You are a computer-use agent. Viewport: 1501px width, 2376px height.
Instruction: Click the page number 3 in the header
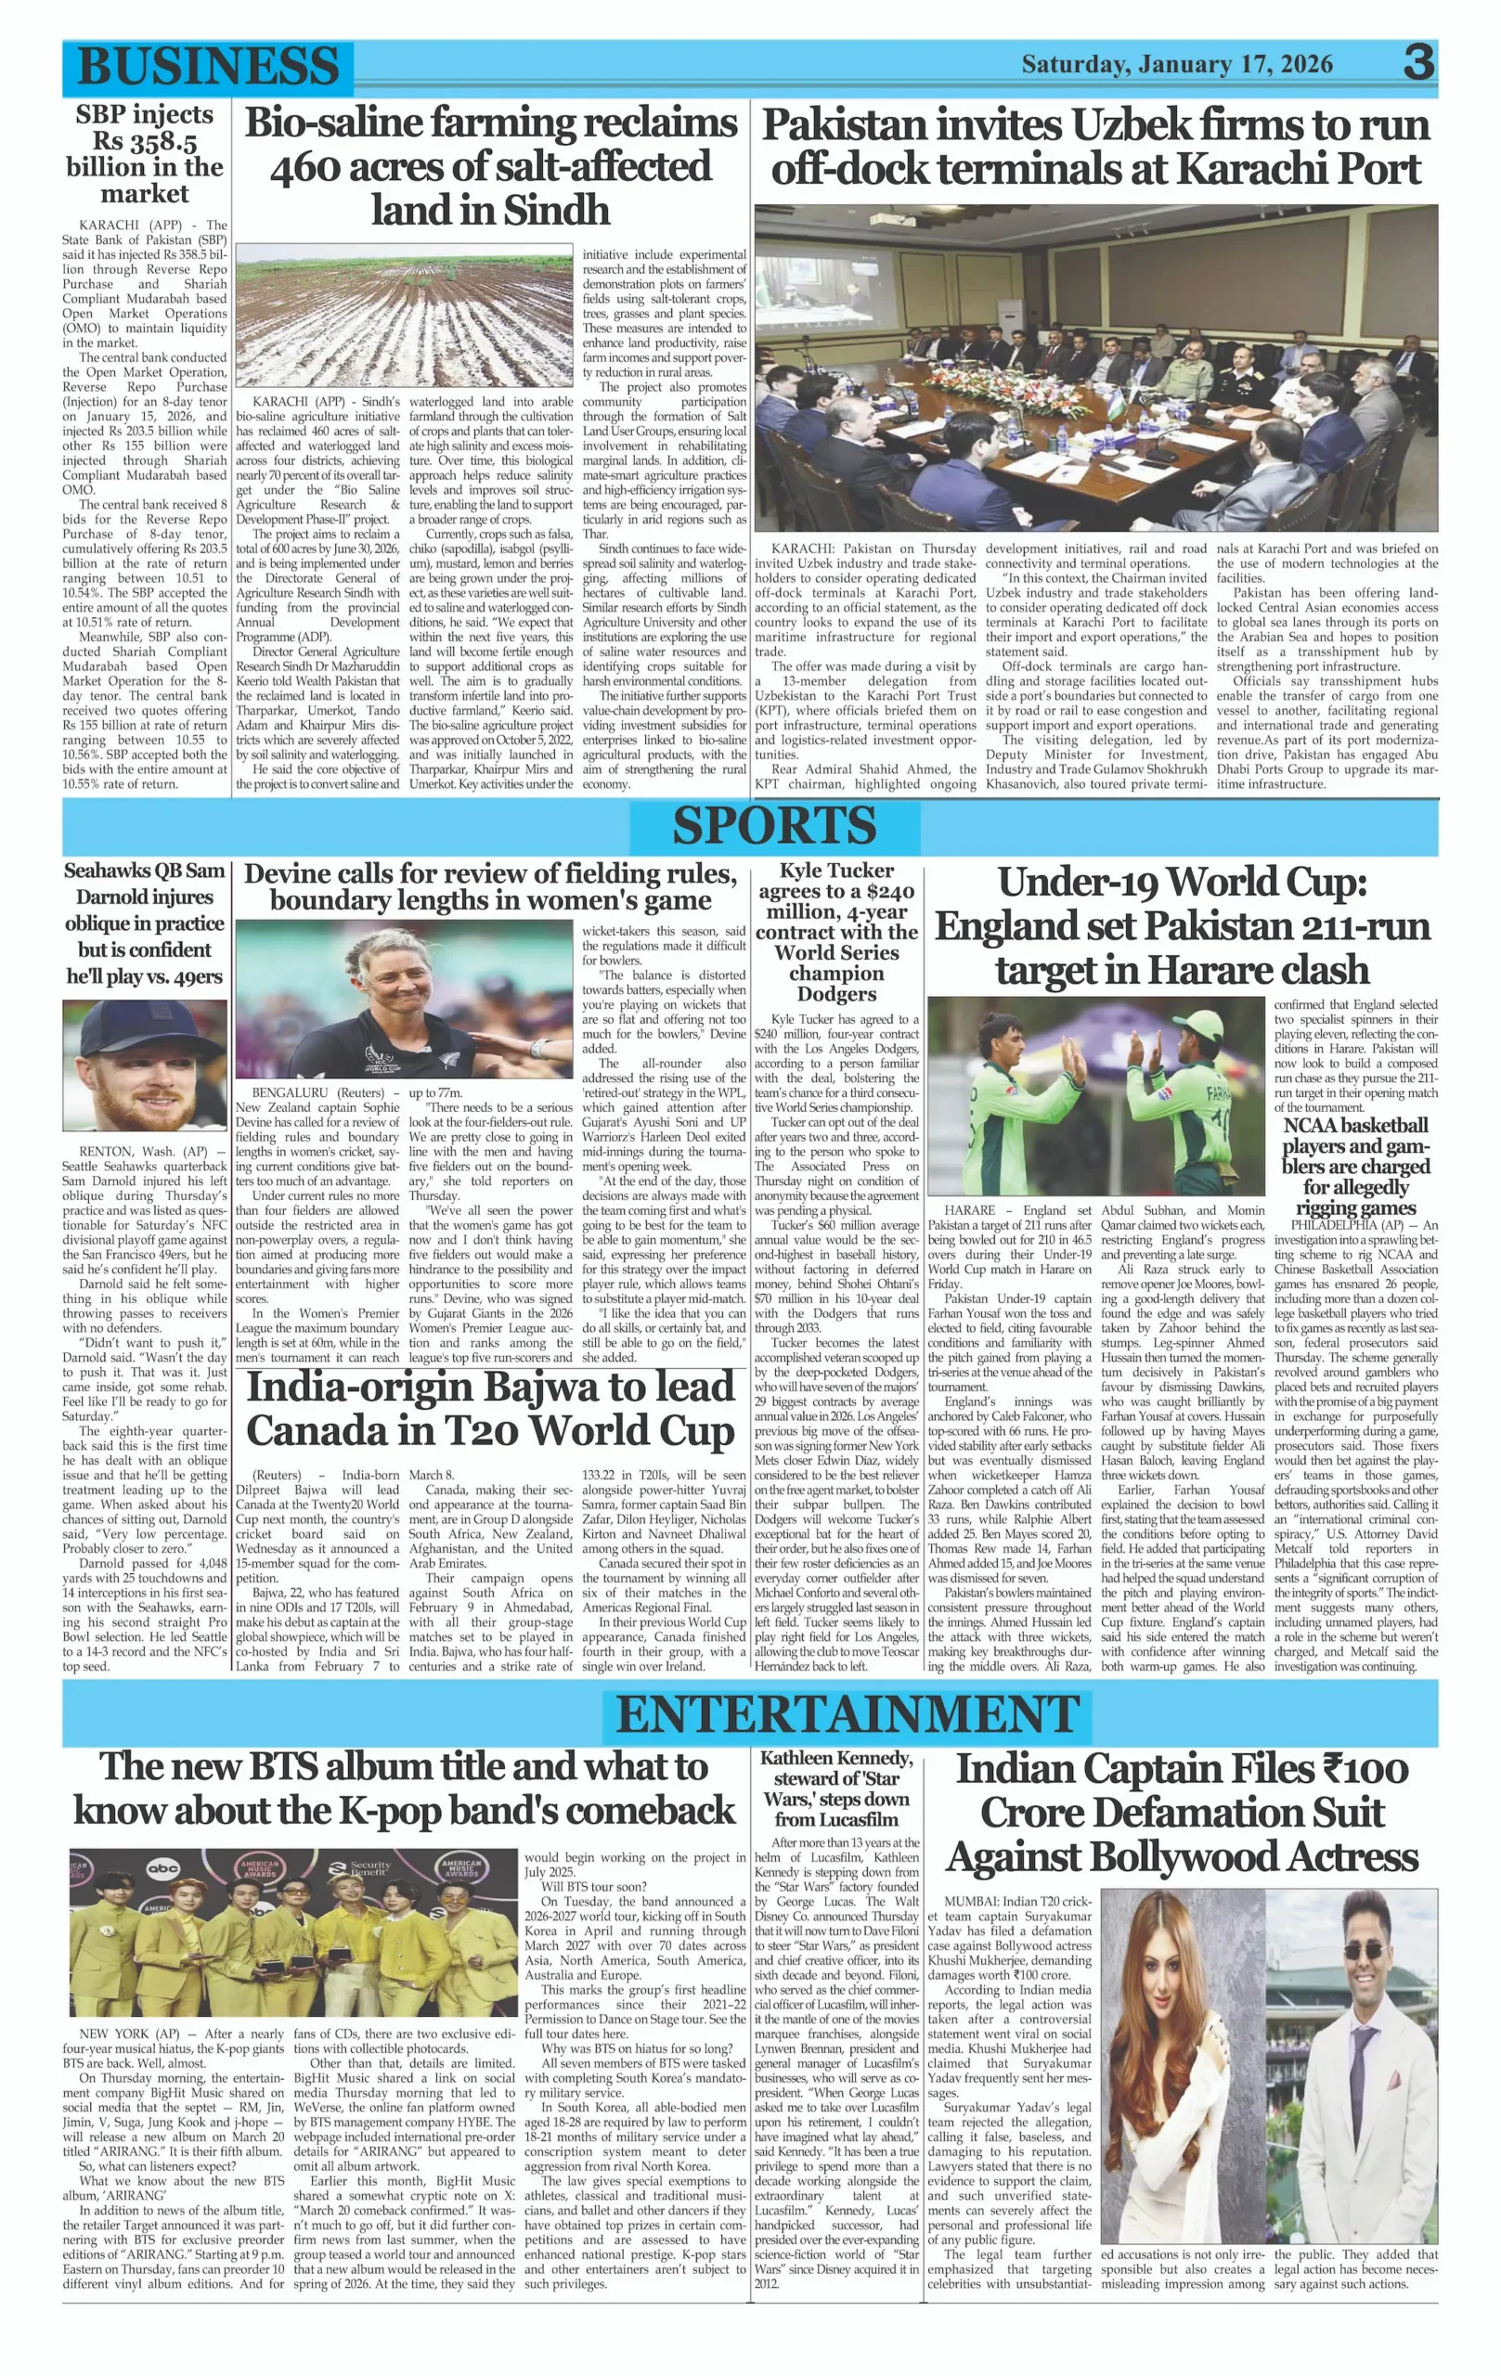[1418, 64]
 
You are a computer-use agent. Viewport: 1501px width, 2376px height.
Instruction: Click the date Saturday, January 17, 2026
[1176, 65]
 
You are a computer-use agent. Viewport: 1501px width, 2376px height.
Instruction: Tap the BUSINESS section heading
[207, 66]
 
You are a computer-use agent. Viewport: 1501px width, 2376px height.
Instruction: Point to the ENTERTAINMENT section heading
[847, 1715]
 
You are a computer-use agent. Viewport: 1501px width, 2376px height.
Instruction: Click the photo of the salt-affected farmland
[404, 315]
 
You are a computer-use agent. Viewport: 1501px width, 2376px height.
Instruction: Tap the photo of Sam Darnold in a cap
[144, 1065]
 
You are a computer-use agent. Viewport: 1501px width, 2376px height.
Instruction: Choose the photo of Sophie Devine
[404, 999]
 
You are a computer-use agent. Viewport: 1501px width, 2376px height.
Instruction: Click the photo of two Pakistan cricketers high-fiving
[1095, 1095]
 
